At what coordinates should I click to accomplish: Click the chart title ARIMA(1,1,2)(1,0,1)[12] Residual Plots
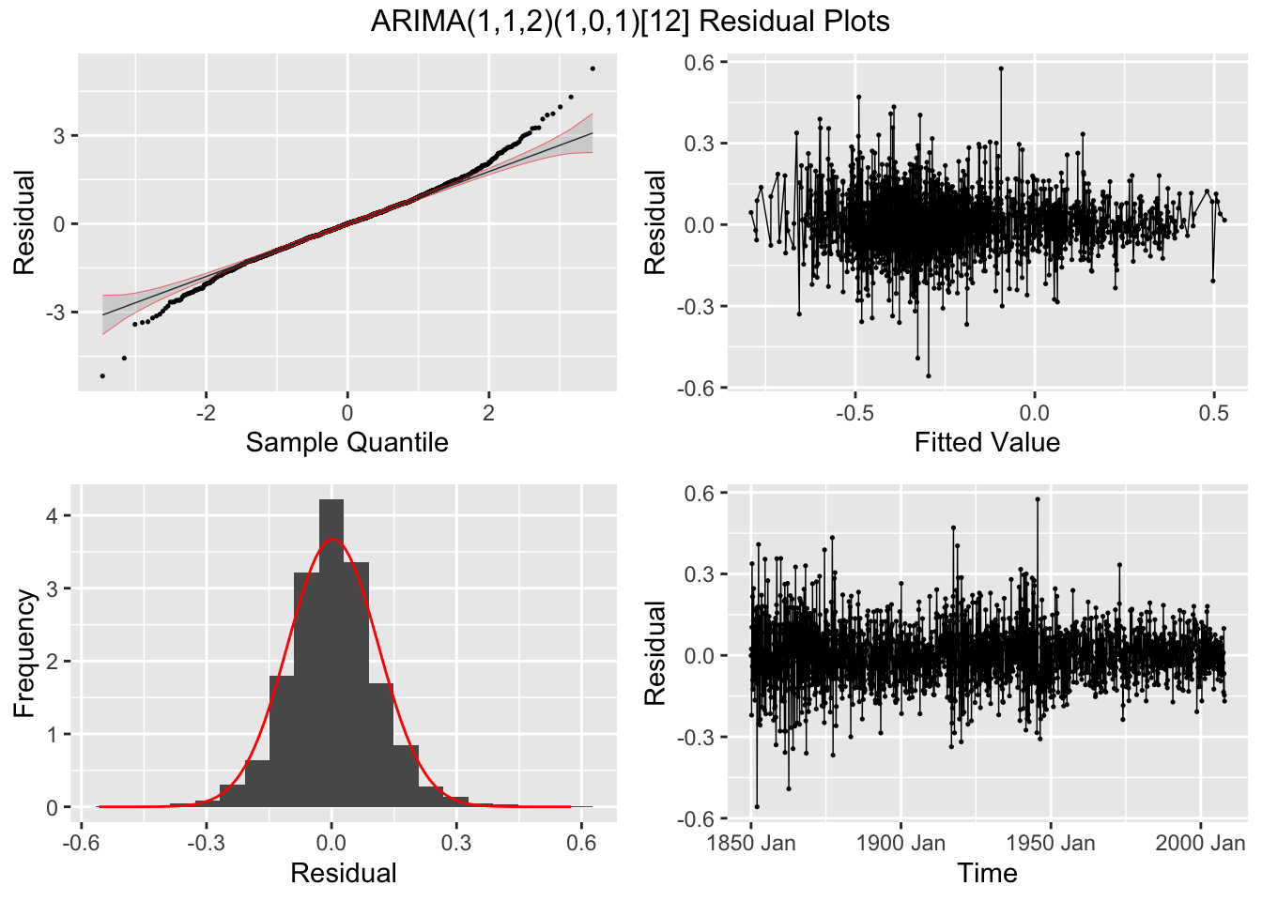pos(630,21)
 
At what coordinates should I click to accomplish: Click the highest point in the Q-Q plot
pos(593,69)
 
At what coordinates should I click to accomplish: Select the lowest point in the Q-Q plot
pos(102,375)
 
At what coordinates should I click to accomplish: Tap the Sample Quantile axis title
pos(346,442)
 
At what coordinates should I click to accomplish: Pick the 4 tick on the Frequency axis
pos(53,516)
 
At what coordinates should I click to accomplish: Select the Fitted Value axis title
pos(987,442)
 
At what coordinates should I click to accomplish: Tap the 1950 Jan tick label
pos(1050,843)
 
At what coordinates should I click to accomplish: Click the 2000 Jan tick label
pos(1200,843)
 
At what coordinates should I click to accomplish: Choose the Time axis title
pos(987,873)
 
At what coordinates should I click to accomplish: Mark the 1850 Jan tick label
pos(751,843)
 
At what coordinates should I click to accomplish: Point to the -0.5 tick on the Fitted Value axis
pos(854,413)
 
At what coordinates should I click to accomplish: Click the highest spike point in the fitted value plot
pos(1001,69)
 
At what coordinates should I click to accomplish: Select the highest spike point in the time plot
pos(1038,499)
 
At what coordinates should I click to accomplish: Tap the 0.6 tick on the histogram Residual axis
pos(581,843)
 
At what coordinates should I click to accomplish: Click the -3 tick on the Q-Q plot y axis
pos(58,312)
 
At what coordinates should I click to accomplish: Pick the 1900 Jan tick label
pos(900,843)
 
